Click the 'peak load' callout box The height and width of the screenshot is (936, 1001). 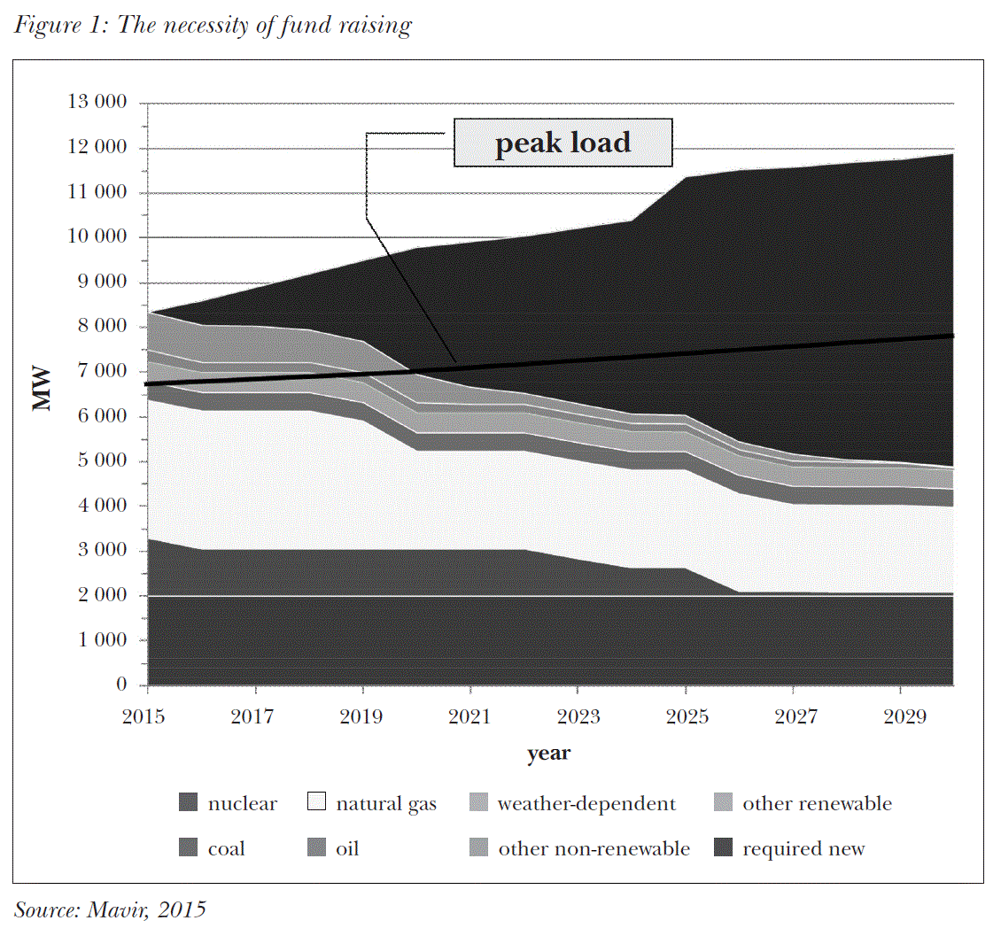[x=563, y=143]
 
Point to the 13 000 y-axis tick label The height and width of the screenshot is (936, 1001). [x=98, y=103]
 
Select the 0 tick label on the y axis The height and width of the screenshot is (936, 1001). [x=122, y=685]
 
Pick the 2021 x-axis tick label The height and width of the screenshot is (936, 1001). [x=470, y=716]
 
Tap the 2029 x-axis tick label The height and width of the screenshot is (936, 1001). [x=900, y=716]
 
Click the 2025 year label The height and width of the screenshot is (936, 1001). [x=686, y=716]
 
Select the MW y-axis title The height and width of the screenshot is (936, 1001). [x=41, y=391]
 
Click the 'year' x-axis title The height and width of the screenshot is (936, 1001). [x=549, y=754]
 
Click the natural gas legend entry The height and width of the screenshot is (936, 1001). [x=386, y=804]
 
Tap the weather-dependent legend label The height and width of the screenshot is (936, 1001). [x=586, y=804]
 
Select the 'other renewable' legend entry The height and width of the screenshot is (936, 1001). [x=817, y=804]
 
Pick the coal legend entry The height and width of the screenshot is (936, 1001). [x=226, y=848]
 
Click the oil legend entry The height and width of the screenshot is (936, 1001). [x=347, y=848]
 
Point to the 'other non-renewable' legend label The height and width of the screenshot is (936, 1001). [x=594, y=848]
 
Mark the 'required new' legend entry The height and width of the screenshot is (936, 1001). [x=803, y=848]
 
